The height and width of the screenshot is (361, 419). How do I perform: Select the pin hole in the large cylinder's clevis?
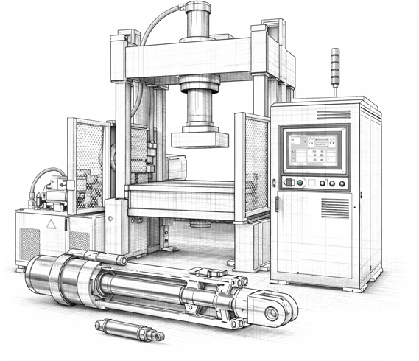pos(271,313)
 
